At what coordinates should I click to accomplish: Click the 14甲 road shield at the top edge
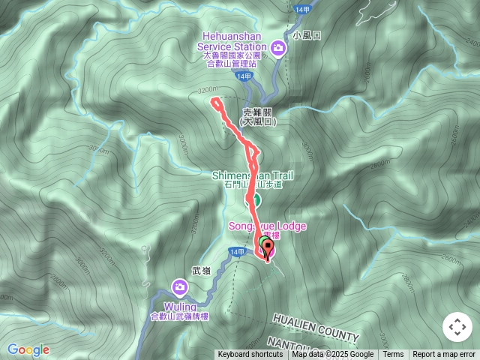(302, 8)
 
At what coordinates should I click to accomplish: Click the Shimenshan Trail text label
(252, 175)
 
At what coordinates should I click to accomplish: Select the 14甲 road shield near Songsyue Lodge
(238, 251)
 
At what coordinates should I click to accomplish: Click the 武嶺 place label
(201, 270)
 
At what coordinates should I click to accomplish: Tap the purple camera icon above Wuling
(180, 287)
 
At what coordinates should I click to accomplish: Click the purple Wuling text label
(180, 307)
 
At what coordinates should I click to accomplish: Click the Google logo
(28, 349)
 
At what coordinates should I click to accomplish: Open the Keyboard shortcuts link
(250, 355)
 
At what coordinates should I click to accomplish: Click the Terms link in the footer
(393, 355)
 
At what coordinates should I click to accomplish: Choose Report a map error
(444, 355)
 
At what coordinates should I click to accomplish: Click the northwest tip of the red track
(214, 100)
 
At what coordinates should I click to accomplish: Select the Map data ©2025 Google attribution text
(333, 355)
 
